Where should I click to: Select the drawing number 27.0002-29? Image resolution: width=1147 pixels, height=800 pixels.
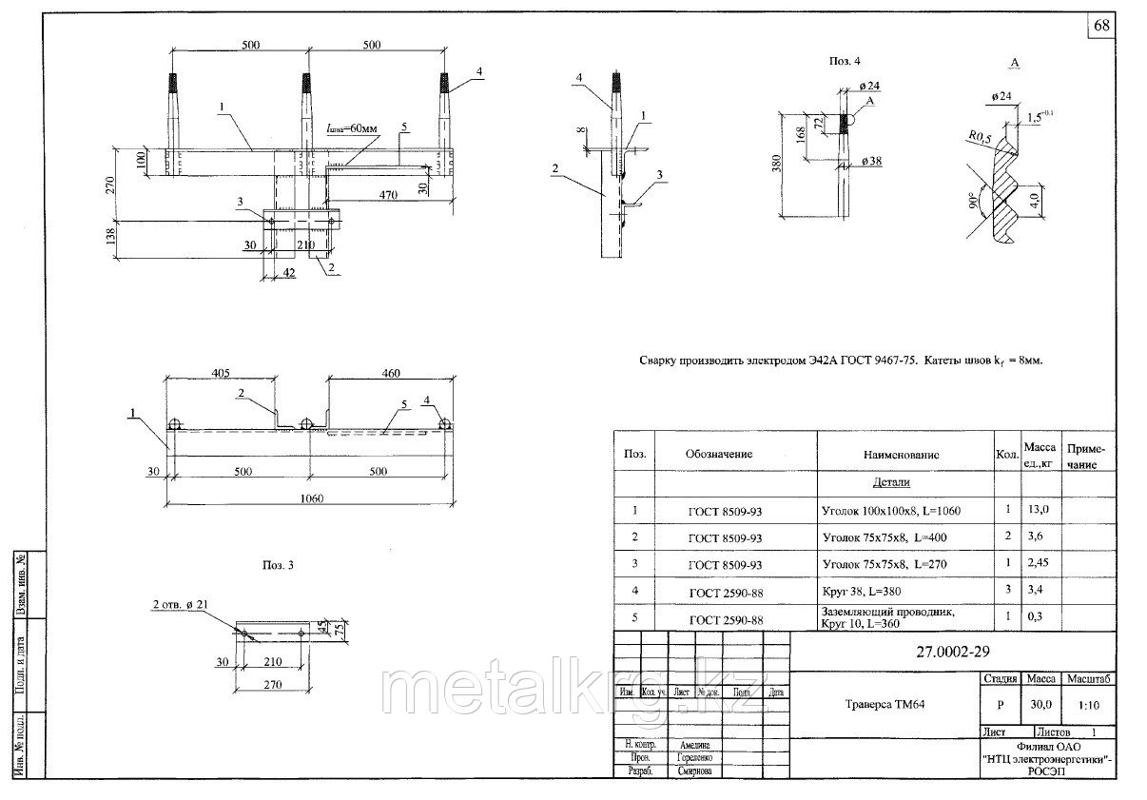pyautogui.click(x=942, y=652)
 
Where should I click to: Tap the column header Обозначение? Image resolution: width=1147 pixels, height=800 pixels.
pyautogui.click(x=719, y=454)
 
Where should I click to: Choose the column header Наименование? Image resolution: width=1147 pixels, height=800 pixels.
pyautogui.click(x=902, y=455)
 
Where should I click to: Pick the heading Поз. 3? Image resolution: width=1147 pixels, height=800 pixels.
pyautogui.click(x=278, y=565)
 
